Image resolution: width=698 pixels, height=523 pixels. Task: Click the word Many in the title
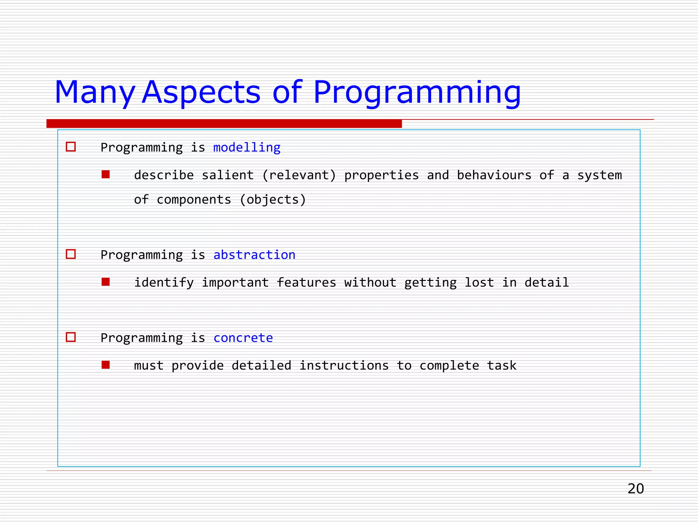pyautogui.click(x=94, y=93)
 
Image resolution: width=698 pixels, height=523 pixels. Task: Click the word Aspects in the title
pyautogui.click(x=201, y=93)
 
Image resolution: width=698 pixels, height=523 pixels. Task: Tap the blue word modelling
pyautogui.click(x=247, y=147)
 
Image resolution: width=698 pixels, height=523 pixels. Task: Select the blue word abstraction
pyautogui.click(x=254, y=255)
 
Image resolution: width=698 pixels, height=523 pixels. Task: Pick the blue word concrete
pyautogui.click(x=243, y=338)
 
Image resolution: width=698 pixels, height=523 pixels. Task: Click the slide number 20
pyautogui.click(x=636, y=489)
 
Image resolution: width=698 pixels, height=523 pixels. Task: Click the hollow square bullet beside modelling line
pyautogui.click(x=71, y=147)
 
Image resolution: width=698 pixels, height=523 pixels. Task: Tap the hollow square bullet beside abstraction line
pyautogui.click(x=71, y=254)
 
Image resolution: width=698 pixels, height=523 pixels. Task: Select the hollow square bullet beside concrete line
pyautogui.click(x=71, y=337)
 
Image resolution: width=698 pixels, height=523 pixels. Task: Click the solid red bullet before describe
pyautogui.click(x=106, y=175)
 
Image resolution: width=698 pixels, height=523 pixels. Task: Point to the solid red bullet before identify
pyautogui.click(x=106, y=282)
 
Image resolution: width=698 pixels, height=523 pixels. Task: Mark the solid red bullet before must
pyautogui.click(x=106, y=365)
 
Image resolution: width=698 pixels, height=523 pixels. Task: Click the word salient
pyautogui.click(x=228, y=175)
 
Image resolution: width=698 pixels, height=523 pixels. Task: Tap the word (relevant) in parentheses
pyautogui.click(x=299, y=175)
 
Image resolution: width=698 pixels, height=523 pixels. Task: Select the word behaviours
pyautogui.click(x=494, y=175)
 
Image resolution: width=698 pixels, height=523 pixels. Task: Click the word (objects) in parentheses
pyautogui.click(x=273, y=200)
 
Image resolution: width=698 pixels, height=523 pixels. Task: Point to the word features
pyautogui.click(x=306, y=283)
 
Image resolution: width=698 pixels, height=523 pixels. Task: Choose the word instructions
pyautogui.click(x=344, y=365)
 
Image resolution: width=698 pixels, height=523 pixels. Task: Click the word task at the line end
pyautogui.click(x=501, y=365)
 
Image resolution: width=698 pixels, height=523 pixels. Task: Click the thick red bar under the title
pyautogui.click(x=224, y=124)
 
